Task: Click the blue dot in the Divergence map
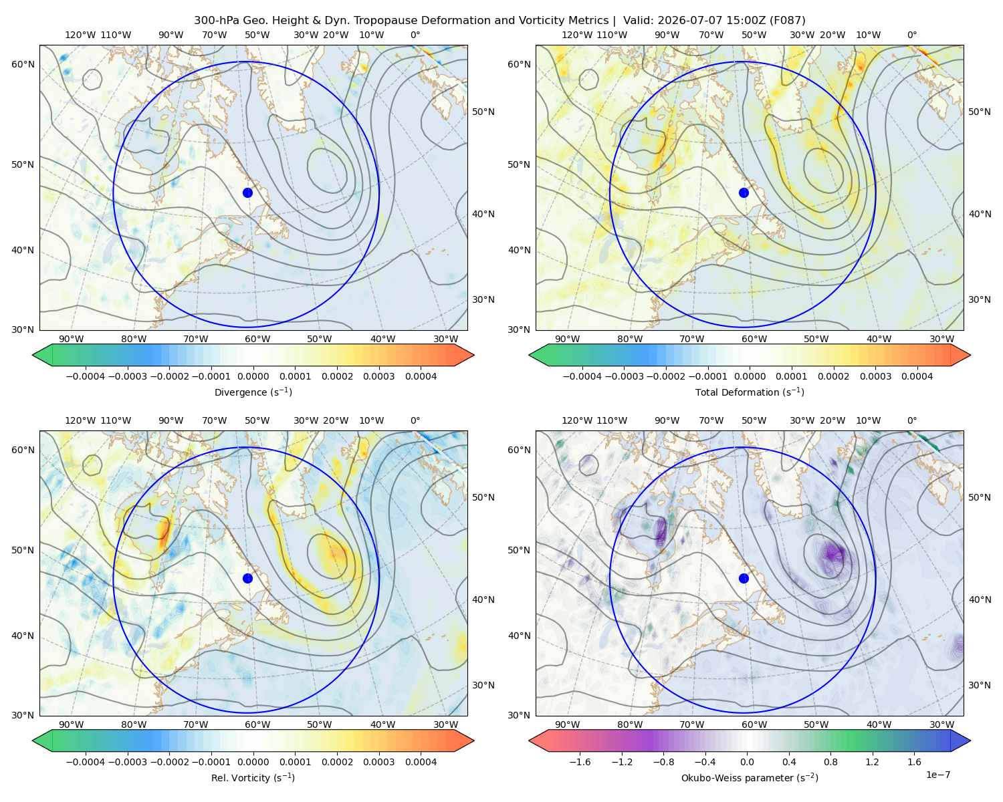[247, 192]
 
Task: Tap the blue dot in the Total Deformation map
[744, 192]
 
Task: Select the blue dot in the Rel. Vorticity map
[247, 578]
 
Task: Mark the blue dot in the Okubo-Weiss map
[744, 578]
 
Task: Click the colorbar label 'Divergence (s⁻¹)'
[253, 392]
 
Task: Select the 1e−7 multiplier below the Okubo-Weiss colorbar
[937, 775]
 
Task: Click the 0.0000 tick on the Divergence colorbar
[253, 376]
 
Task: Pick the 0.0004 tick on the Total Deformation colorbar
[917, 376]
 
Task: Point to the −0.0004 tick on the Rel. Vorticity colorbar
[86, 762]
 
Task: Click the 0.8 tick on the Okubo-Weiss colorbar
[830, 762]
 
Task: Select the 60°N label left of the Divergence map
[23, 64]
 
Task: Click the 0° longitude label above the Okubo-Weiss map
[911, 420]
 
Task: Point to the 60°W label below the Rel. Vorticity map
[257, 724]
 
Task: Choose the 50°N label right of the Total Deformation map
[979, 112]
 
